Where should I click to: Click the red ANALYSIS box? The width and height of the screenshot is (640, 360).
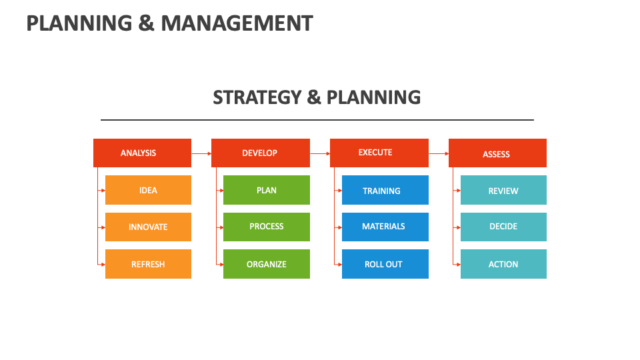[142, 153]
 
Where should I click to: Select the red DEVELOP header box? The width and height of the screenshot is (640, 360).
[260, 153]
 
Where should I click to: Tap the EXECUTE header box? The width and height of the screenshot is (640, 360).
[379, 153]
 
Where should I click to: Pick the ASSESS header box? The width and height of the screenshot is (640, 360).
[497, 153]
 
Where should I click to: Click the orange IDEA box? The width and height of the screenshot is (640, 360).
[148, 190]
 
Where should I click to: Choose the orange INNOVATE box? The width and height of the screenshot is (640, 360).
[148, 227]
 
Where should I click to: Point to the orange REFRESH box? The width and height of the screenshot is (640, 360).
[148, 264]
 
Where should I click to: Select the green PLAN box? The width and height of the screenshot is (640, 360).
[266, 190]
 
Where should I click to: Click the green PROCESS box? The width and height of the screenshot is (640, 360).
[266, 227]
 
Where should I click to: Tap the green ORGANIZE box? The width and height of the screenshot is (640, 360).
[266, 264]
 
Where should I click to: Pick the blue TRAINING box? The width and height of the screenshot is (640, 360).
[385, 190]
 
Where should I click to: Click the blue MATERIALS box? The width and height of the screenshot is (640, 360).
[385, 227]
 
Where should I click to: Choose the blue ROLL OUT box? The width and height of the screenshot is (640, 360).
[385, 264]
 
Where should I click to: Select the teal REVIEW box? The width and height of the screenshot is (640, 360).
[503, 190]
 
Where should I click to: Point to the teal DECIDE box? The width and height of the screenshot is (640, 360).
[503, 227]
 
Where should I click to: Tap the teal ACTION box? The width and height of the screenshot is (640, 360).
[503, 264]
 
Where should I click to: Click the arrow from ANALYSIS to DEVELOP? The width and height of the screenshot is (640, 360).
[201, 153]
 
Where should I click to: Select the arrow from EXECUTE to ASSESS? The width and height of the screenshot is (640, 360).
[439, 153]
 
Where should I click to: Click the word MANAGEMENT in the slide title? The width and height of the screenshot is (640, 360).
[237, 23]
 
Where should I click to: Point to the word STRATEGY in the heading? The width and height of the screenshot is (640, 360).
[257, 97]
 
